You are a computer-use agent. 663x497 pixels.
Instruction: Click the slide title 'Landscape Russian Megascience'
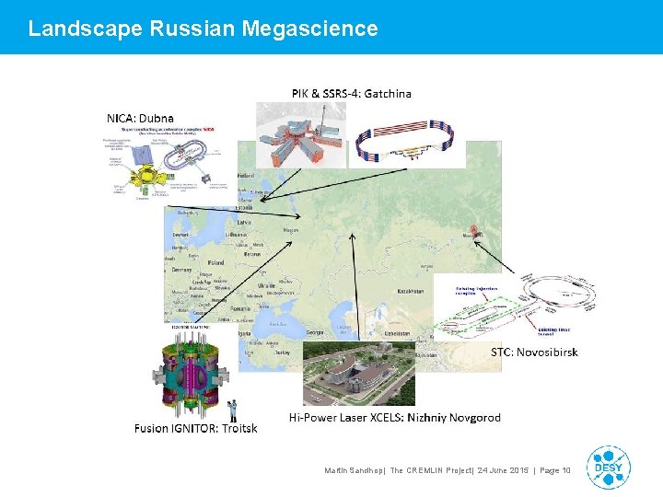pos(203,29)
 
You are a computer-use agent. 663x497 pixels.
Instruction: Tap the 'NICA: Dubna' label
pos(140,118)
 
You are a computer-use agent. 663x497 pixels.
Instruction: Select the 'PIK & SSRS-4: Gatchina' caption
pos(352,93)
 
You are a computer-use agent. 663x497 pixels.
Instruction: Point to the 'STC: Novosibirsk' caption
pos(534,352)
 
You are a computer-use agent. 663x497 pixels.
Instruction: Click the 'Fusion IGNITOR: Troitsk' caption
pos(195,428)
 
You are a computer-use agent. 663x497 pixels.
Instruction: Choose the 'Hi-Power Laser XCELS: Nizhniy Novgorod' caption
pos(395,417)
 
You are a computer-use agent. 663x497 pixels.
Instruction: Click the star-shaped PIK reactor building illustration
pos(300,136)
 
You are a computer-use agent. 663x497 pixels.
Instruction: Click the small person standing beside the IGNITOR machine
pos(234,410)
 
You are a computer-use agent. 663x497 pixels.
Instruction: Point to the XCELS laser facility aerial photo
pos(359,374)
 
